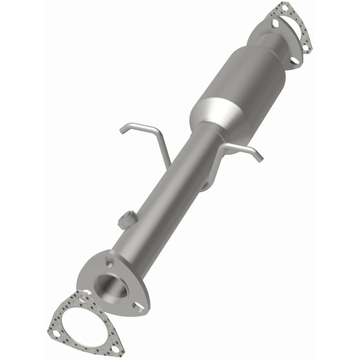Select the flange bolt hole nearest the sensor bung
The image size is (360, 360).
coord(111,261)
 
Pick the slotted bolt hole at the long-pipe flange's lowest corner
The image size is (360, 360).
coord(140,307)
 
